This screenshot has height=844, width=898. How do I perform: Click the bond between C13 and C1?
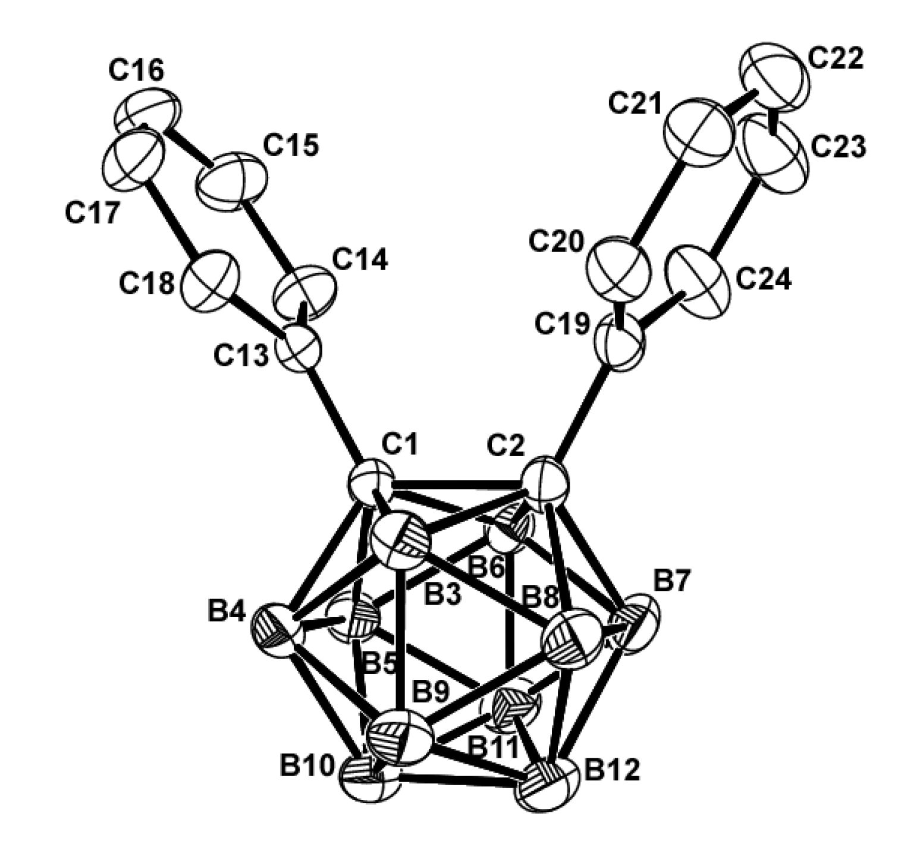pyautogui.click(x=336, y=416)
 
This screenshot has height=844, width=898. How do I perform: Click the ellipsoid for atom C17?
pyautogui.click(x=133, y=159)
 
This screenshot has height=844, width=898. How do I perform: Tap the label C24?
pyautogui.click(x=764, y=280)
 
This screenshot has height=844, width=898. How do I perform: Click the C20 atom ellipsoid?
pyautogui.click(x=619, y=271)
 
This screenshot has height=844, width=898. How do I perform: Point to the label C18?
pyautogui.click(x=147, y=284)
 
